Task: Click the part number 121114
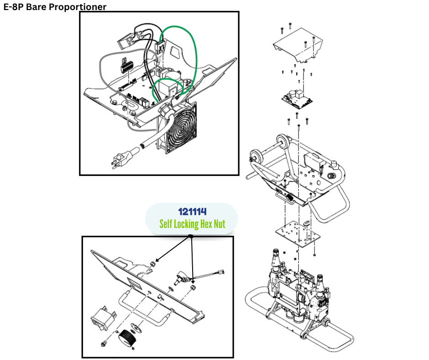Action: point(192,212)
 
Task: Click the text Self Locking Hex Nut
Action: point(192,224)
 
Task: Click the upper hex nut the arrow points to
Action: point(153,264)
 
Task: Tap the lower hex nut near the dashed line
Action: point(193,287)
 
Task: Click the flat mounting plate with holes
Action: point(298,234)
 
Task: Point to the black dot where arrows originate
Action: point(191,236)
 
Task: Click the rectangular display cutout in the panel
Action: point(135,282)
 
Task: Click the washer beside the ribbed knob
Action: point(135,327)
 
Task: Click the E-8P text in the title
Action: point(13,6)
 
